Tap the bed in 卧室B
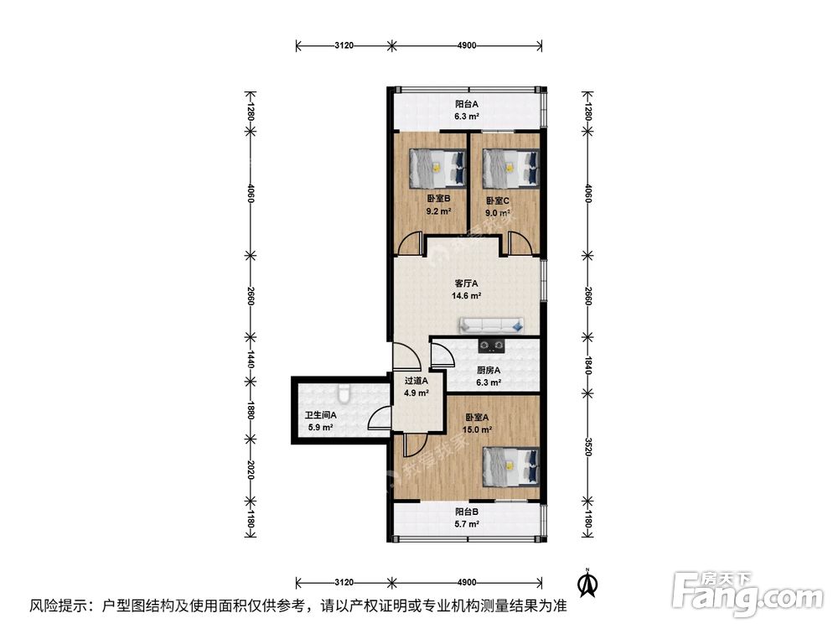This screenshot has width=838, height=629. coord(437,168)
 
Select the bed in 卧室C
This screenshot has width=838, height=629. coord(510,168)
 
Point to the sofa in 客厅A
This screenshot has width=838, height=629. coord(491,325)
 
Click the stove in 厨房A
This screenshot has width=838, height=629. coord(491,346)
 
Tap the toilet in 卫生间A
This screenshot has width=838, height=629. coord(344,393)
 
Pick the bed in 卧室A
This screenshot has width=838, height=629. coord(510,466)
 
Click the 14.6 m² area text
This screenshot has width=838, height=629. coord(467,296)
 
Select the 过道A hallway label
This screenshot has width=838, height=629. coord(416,381)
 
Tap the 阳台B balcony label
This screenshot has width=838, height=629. coord(467,512)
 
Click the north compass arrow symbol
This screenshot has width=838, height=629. coord(589,583)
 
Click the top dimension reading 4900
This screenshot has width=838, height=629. coord(467,45)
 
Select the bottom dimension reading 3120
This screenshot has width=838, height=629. coord(344,582)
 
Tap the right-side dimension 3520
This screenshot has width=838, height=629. coord(588,447)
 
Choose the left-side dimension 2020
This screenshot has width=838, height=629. coord(250,470)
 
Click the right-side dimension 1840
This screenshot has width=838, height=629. coord(588,366)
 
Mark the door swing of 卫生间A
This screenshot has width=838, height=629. coord(380,418)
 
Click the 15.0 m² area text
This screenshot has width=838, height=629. coord(477,429)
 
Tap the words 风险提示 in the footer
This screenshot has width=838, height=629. coord(59,606)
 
